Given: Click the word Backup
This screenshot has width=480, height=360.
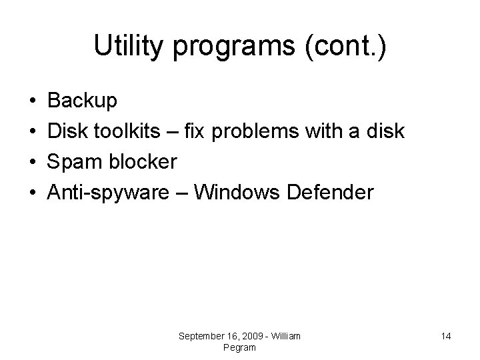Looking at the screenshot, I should click(x=83, y=101).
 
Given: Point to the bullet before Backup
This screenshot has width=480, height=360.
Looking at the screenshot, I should click(x=33, y=101).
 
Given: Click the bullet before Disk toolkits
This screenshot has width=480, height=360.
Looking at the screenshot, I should click(x=33, y=132).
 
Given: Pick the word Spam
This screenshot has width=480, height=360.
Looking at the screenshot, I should click(x=72, y=162).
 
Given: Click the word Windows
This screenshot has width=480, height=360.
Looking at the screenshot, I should click(x=240, y=193).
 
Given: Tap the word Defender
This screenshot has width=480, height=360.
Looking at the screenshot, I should click(x=331, y=193).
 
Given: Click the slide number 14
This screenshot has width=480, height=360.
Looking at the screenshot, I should click(x=446, y=336).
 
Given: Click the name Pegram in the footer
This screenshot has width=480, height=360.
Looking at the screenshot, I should click(x=240, y=347).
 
